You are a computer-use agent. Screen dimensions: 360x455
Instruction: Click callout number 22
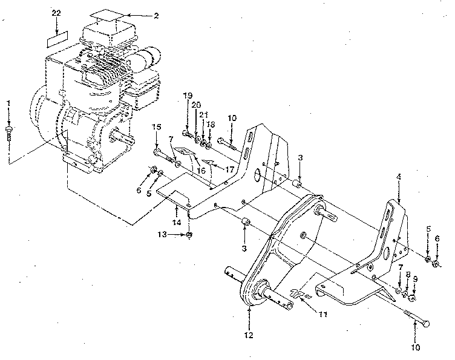click(x=56, y=13)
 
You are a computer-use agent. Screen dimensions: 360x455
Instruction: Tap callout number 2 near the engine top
click(x=156, y=15)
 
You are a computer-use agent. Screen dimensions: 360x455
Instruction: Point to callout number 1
click(x=8, y=103)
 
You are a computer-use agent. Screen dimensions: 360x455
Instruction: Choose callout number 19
click(x=188, y=95)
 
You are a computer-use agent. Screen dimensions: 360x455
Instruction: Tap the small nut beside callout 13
click(x=189, y=234)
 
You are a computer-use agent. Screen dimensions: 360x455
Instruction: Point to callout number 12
click(x=249, y=334)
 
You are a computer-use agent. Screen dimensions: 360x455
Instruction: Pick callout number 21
click(x=203, y=114)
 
